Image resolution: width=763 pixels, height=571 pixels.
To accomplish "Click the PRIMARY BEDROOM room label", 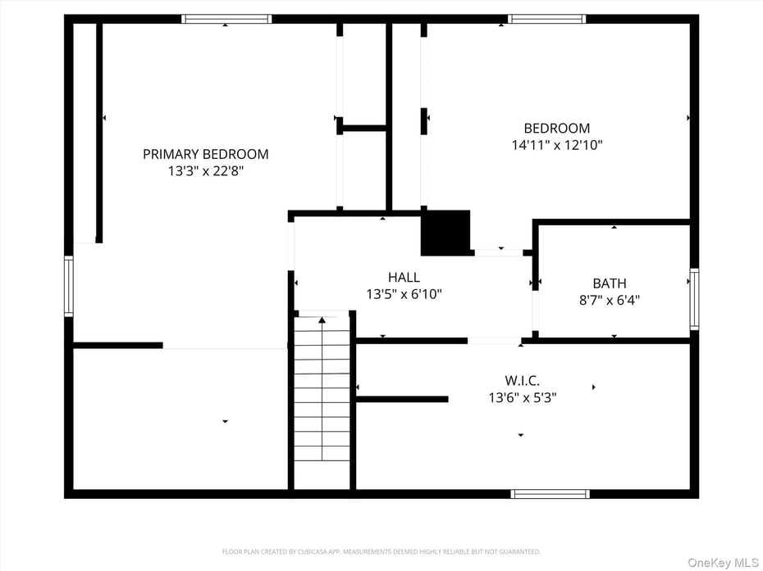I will pyautogui.click(x=205, y=154).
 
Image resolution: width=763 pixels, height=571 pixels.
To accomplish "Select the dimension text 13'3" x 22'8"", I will pyautogui.click(x=205, y=171).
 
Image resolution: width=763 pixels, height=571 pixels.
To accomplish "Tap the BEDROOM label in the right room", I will pyautogui.click(x=556, y=128).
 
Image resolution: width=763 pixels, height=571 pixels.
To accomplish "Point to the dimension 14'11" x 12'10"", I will pyautogui.click(x=556, y=145).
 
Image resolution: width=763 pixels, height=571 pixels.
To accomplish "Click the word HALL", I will pyautogui.click(x=404, y=278).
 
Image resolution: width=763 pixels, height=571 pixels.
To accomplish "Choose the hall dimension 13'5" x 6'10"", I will pyautogui.click(x=404, y=294).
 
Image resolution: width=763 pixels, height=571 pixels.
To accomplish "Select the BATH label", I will pyautogui.click(x=609, y=283).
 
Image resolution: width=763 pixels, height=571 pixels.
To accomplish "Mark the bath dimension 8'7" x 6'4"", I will pyautogui.click(x=609, y=300).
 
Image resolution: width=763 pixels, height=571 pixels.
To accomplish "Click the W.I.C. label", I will pyautogui.click(x=522, y=380).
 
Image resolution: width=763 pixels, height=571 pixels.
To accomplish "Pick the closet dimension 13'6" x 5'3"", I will pyautogui.click(x=522, y=397).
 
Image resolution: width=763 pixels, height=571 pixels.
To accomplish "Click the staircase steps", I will pyautogui.click(x=322, y=393).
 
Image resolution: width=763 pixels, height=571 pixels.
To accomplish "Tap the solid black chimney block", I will pyautogui.click(x=445, y=233).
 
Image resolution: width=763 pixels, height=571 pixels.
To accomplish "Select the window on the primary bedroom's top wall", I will pyautogui.click(x=226, y=19).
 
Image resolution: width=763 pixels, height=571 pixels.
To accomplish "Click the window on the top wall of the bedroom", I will pyautogui.click(x=546, y=19).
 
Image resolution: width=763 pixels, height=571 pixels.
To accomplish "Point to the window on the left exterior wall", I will pyautogui.click(x=69, y=285).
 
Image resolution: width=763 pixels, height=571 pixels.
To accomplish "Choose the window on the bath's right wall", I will pyautogui.click(x=694, y=299).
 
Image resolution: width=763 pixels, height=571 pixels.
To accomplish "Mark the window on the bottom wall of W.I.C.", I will pyautogui.click(x=550, y=494).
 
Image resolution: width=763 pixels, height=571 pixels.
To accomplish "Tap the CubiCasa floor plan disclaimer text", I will pyautogui.click(x=381, y=551).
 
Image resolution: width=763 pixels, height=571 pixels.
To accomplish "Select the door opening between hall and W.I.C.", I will pyautogui.click(x=494, y=340).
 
